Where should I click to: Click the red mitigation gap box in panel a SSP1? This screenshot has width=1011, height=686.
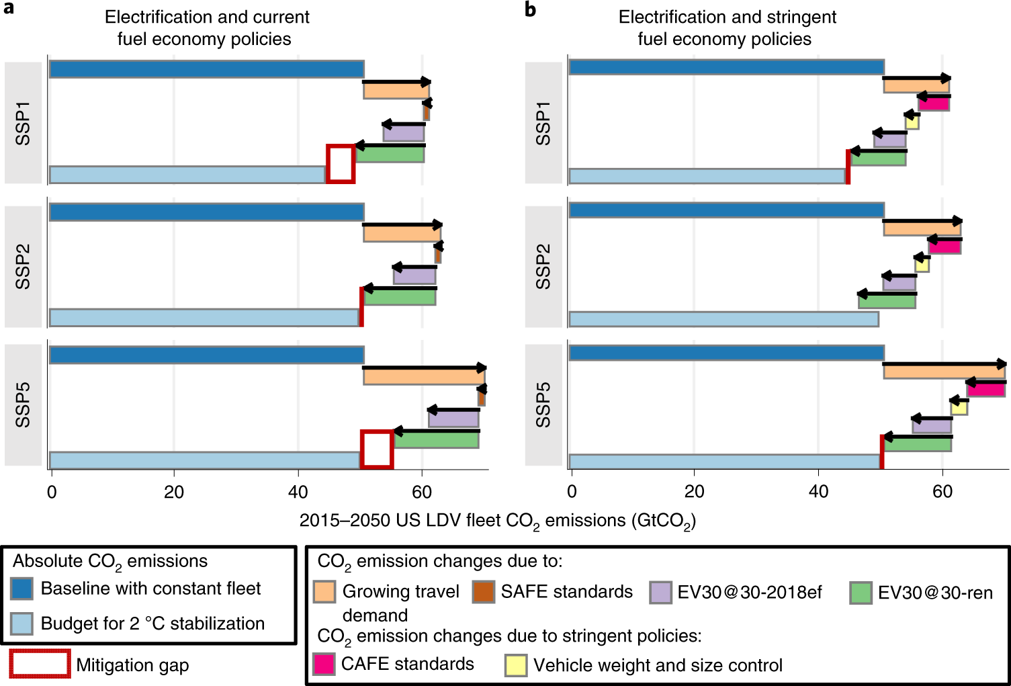(x=341, y=163)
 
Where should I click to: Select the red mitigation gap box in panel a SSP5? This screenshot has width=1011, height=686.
(x=377, y=449)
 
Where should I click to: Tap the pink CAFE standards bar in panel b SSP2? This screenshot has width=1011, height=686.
(x=944, y=247)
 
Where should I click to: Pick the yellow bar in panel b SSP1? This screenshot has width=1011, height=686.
(x=912, y=122)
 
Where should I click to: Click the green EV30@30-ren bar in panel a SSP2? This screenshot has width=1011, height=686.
(x=400, y=297)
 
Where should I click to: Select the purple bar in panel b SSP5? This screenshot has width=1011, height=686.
(x=932, y=426)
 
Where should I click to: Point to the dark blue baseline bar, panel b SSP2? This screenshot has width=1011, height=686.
(x=726, y=210)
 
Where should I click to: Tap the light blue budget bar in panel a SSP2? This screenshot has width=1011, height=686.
(x=204, y=318)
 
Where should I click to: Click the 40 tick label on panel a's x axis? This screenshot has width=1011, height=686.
(x=298, y=492)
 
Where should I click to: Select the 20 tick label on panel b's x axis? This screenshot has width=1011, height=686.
(x=694, y=492)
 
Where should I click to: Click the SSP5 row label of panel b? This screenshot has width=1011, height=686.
(x=543, y=404)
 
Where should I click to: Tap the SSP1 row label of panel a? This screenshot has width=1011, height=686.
(x=23, y=123)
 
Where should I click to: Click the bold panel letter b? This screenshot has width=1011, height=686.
(x=531, y=10)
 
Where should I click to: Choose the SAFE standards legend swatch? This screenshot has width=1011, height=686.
(x=483, y=592)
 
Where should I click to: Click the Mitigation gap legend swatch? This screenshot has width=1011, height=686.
(x=40, y=664)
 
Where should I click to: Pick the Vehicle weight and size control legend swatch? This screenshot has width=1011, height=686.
(x=516, y=665)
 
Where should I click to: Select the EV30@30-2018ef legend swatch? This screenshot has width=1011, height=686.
(x=660, y=593)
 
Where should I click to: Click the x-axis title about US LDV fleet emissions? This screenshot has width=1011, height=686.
(x=497, y=521)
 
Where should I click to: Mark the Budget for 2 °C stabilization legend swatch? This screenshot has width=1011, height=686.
(x=21, y=624)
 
